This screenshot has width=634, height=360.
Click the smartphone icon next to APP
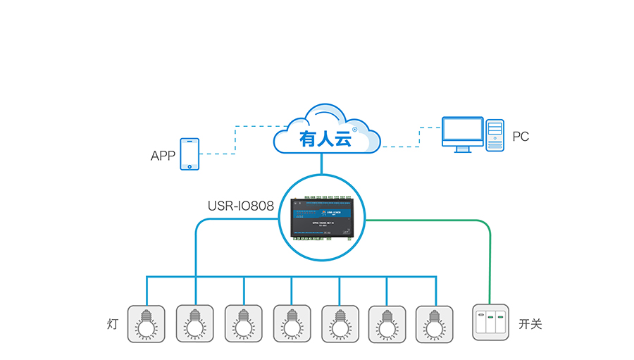click(189, 154)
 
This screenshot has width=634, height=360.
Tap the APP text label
click(163, 156)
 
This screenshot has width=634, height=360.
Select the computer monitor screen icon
click(462, 132)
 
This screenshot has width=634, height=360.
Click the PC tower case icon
click(496, 135)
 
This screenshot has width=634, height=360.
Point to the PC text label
click(521, 137)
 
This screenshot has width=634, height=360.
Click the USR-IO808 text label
click(241, 206)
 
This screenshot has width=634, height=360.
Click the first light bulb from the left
click(146, 323)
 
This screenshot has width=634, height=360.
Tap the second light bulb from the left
click(194, 323)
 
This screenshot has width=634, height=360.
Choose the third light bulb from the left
click(243, 323)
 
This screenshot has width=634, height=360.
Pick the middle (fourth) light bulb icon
click(291, 323)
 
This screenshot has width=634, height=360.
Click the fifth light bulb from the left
click(339, 323)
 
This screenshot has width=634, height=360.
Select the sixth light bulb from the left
click(387, 323)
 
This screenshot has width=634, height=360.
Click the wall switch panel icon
click(490, 323)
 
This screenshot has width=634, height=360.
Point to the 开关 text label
click(530, 324)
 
